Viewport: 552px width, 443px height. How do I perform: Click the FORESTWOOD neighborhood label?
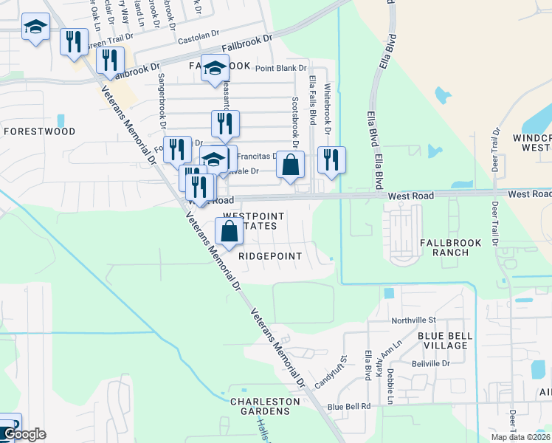pos(39,131)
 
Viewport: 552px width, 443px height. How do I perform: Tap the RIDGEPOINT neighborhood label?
pos(270,255)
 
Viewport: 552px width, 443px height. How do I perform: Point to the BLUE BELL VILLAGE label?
pos(444,340)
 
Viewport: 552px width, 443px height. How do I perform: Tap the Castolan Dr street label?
pos(198,35)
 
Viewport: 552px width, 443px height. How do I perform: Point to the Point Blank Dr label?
pos(280,69)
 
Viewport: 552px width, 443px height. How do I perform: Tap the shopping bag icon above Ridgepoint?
pos(230,231)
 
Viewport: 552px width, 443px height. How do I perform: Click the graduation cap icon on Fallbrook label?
pos(214,69)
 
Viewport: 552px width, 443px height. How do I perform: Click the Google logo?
pos(24,434)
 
